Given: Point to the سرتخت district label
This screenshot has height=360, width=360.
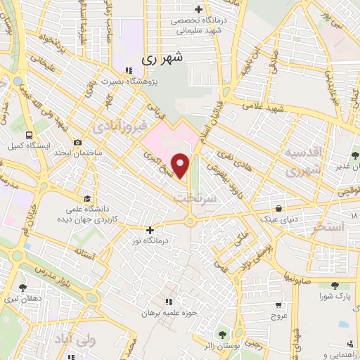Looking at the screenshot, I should (191, 199).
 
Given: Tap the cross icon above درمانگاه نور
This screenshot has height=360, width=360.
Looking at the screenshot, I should (150, 229).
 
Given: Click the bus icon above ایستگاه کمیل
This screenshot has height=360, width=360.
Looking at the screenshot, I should (28, 135).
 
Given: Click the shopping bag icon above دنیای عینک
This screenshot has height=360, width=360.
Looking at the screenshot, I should (281, 208).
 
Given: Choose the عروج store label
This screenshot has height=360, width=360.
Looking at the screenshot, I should (280, 316).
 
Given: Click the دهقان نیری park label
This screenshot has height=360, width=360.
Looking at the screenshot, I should (22, 297).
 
